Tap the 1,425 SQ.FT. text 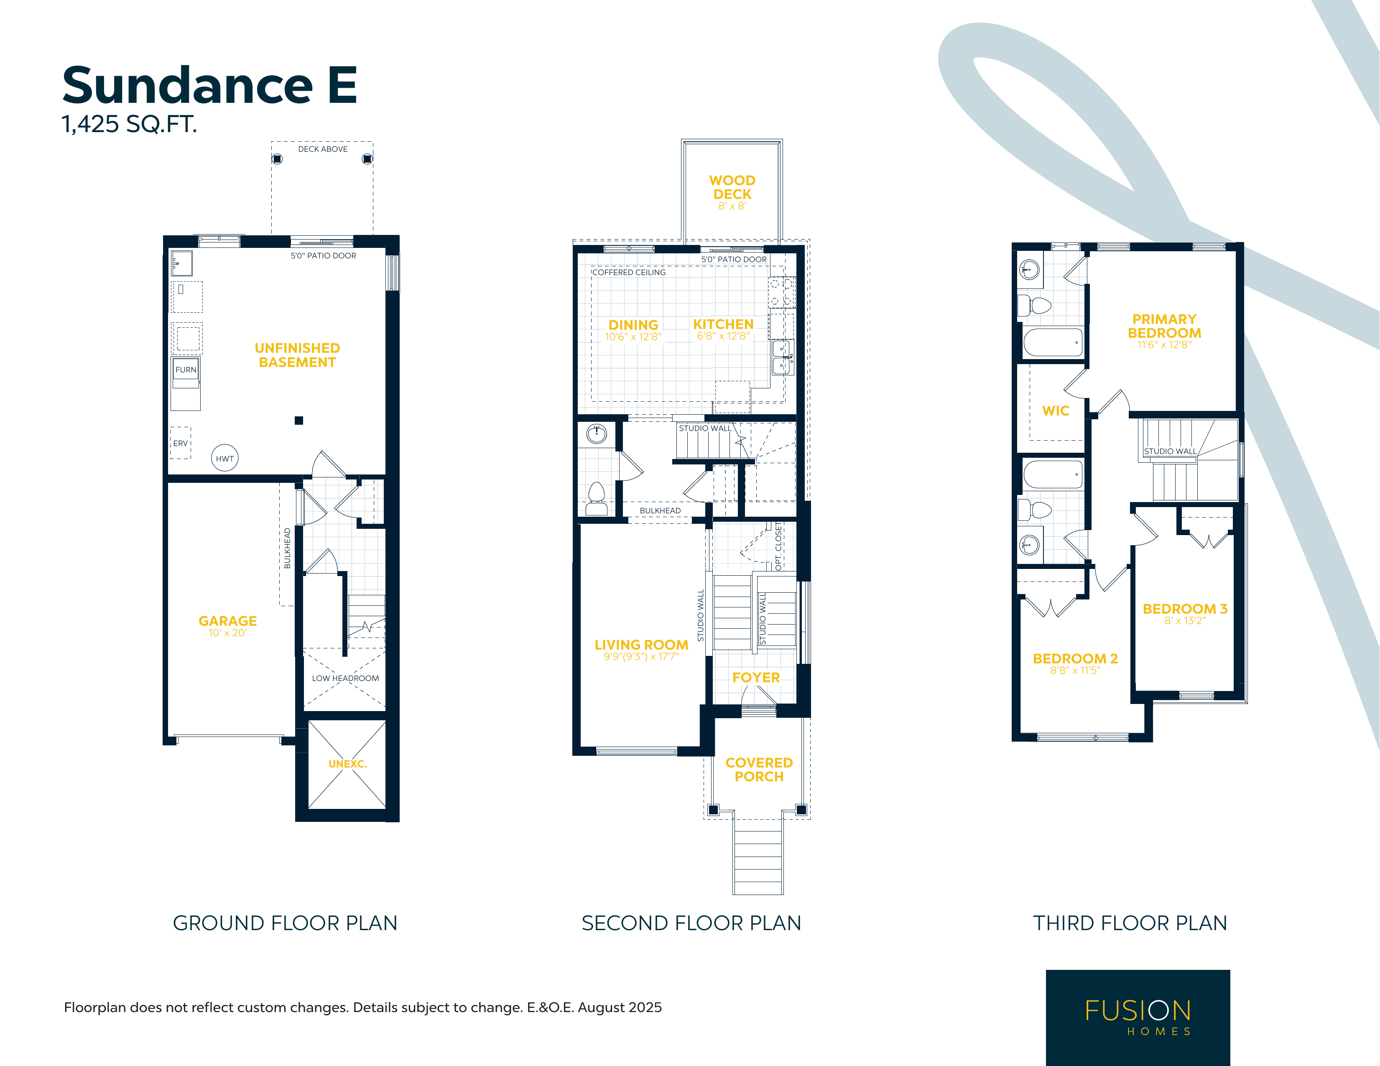coord(129,124)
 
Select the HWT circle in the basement coord(224,458)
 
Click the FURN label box coord(186,370)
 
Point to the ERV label coord(181,444)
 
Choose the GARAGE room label coord(227,621)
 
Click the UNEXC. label coord(347,764)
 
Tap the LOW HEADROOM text coord(346,678)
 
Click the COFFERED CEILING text coord(629,272)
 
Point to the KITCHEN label coord(723,324)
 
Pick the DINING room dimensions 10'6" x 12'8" coord(633,337)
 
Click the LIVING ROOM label coord(641,645)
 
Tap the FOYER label coord(756,677)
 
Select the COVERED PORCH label coord(759,770)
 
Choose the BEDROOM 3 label coord(1185,609)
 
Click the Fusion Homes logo coord(1138,1018)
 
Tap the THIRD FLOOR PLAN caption coord(1130,923)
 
